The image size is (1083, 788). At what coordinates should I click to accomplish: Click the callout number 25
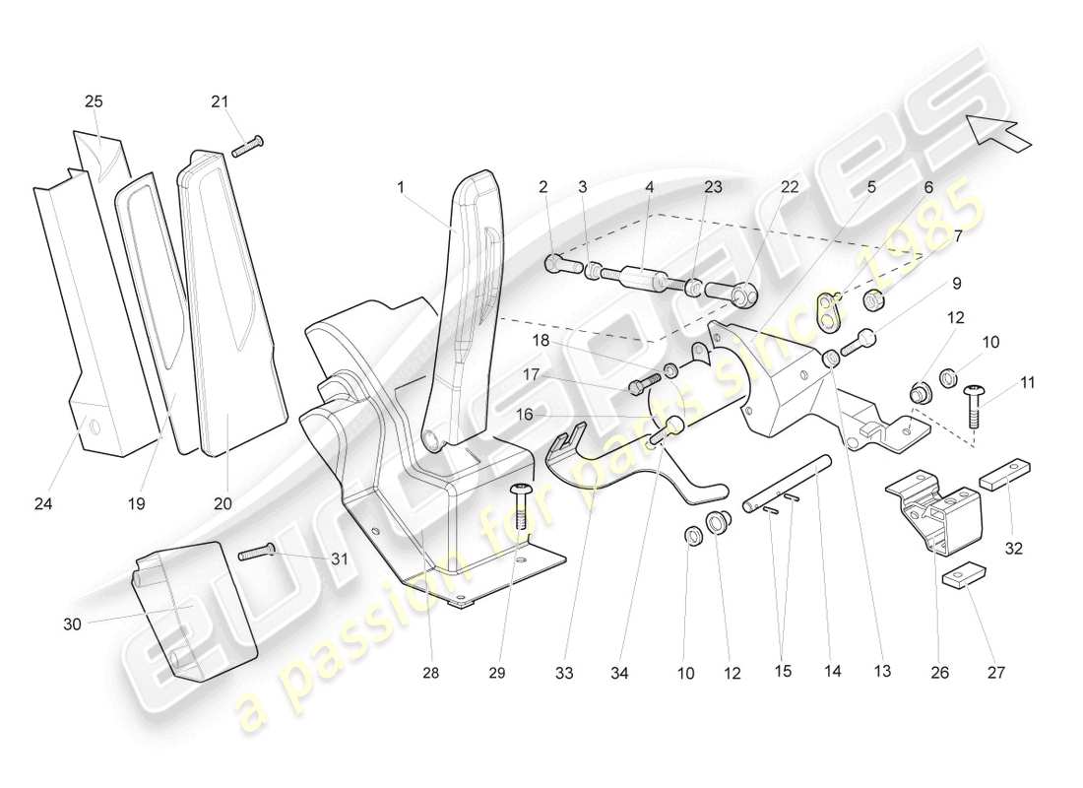94,101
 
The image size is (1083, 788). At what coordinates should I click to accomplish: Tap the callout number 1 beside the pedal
401,185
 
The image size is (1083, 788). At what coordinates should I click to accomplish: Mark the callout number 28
431,674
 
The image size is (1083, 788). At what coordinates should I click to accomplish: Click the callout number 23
712,185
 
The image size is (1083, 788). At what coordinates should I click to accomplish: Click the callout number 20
223,502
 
